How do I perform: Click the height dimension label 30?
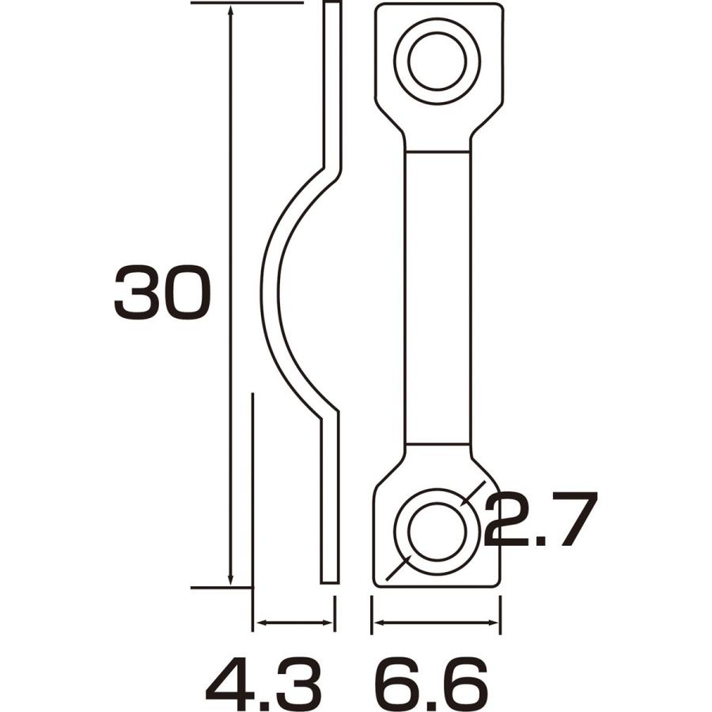pos(162,293)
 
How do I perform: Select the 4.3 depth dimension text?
pos(263,684)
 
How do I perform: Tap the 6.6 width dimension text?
pos(431,684)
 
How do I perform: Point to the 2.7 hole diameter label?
pos(538,520)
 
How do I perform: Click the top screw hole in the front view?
pos(437,60)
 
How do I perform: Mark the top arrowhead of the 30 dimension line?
pos(230,11)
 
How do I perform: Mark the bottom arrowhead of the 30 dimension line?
pos(230,580)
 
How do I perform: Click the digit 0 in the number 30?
pos(187,293)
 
